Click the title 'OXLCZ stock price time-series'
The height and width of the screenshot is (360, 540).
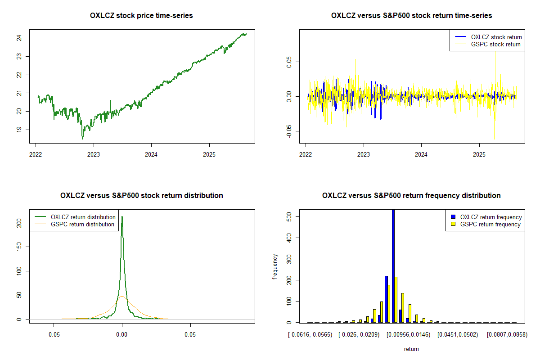coord(141,16)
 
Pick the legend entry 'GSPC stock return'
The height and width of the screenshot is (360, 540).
coord(495,44)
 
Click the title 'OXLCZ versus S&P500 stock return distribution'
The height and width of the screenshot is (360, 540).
coord(141,196)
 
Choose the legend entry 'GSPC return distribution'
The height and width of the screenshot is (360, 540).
coord(82,224)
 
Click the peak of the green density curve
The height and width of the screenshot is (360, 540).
coord(122,217)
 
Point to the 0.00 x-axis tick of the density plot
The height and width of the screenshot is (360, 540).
coord(122,335)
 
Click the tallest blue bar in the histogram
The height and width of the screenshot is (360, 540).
coord(393,265)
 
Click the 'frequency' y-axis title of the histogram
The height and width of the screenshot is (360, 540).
coord(275,266)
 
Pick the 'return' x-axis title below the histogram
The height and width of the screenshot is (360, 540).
coord(411,349)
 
